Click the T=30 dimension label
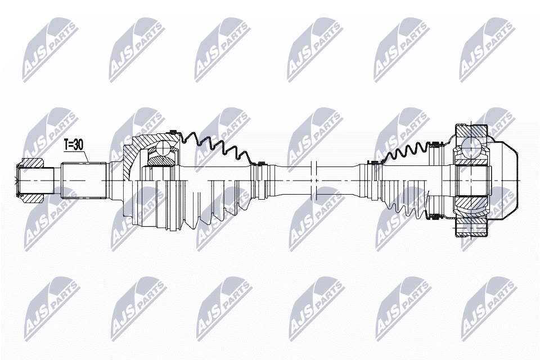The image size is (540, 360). click(x=74, y=145)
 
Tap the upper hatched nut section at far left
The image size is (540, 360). click(x=33, y=164)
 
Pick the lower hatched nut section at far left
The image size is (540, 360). click(x=33, y=197)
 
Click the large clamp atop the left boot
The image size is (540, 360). click(x=174, y=133)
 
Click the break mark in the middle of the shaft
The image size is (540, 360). click(x=315, y=179)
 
